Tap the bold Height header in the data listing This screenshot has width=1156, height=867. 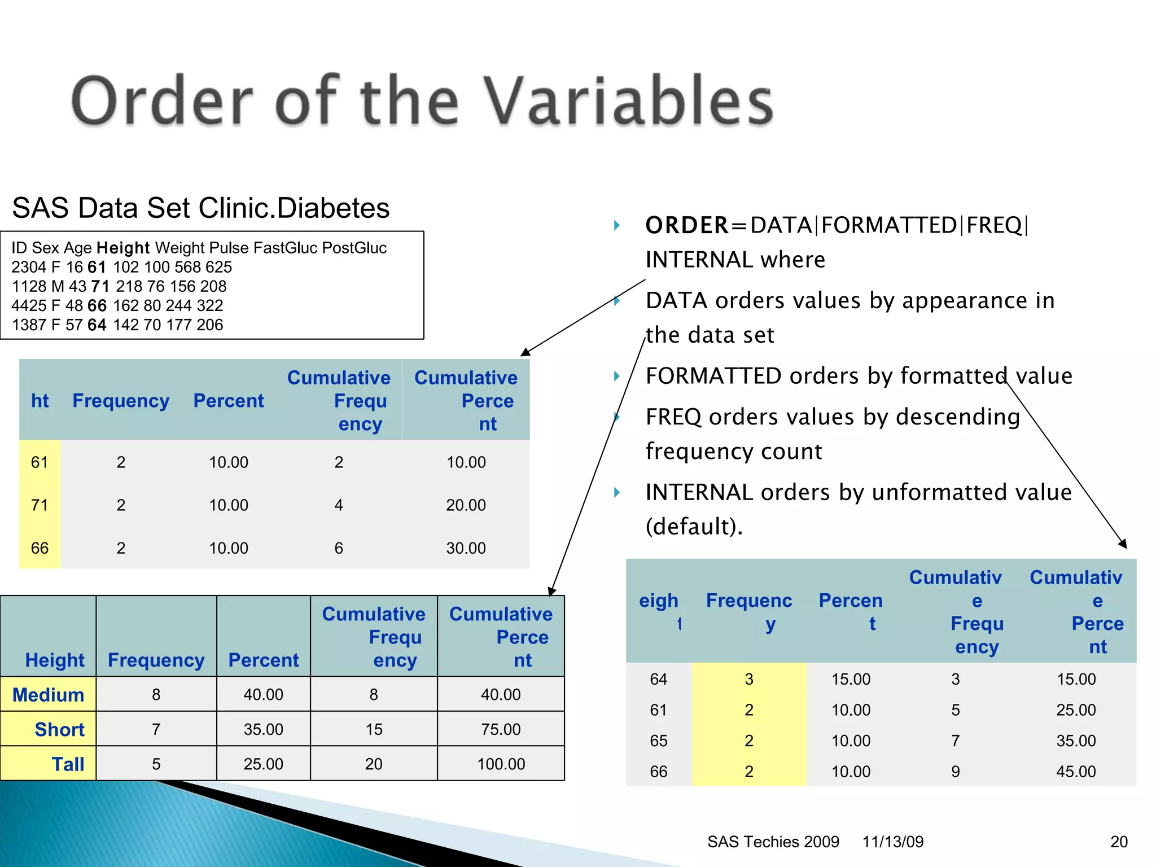(x=123, y=248)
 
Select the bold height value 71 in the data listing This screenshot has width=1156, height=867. (x=100, y=286)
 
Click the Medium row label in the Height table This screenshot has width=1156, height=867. (x=49, y=694)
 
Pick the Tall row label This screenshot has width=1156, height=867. (x=68, y=764)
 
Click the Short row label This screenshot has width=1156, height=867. (x=59, y=729)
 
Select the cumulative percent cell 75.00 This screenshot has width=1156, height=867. (x=501, y=729)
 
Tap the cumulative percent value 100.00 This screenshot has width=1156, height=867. (x=501, y=764)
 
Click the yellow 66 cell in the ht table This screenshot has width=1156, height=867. (x=40, y=548)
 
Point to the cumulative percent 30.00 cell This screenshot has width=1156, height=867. (x=466, y=548)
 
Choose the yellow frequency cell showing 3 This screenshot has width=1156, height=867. (x=749, y=679)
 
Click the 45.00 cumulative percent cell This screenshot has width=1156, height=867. (x=1076, y=772)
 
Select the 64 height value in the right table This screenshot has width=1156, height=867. (x=659, y=679)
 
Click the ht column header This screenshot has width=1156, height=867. (x=40, y=401)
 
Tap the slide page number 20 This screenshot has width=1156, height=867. (x=1119, y=842)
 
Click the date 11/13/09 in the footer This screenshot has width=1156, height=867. (x=893, y=842)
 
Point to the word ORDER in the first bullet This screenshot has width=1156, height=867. (x=687, y=225)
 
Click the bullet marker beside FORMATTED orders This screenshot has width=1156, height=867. (x=617, y=376)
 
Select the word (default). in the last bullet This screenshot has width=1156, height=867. (x=694, y=527)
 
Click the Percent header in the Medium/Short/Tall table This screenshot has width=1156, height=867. (x=264, y=660)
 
